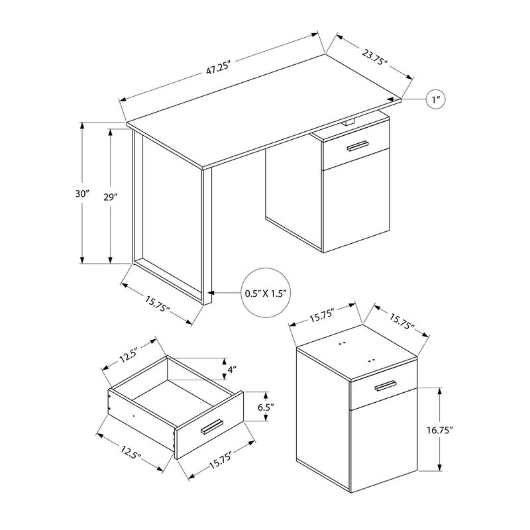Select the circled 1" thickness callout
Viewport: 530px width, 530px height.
(x=435, y=99)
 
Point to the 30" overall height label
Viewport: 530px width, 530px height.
(x=82, y=193)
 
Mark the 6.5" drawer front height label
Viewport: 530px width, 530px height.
(x=266, y=409)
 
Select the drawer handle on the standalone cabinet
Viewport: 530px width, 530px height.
(x=384, y=386)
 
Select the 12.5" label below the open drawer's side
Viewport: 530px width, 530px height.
(x=131, y=455)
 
